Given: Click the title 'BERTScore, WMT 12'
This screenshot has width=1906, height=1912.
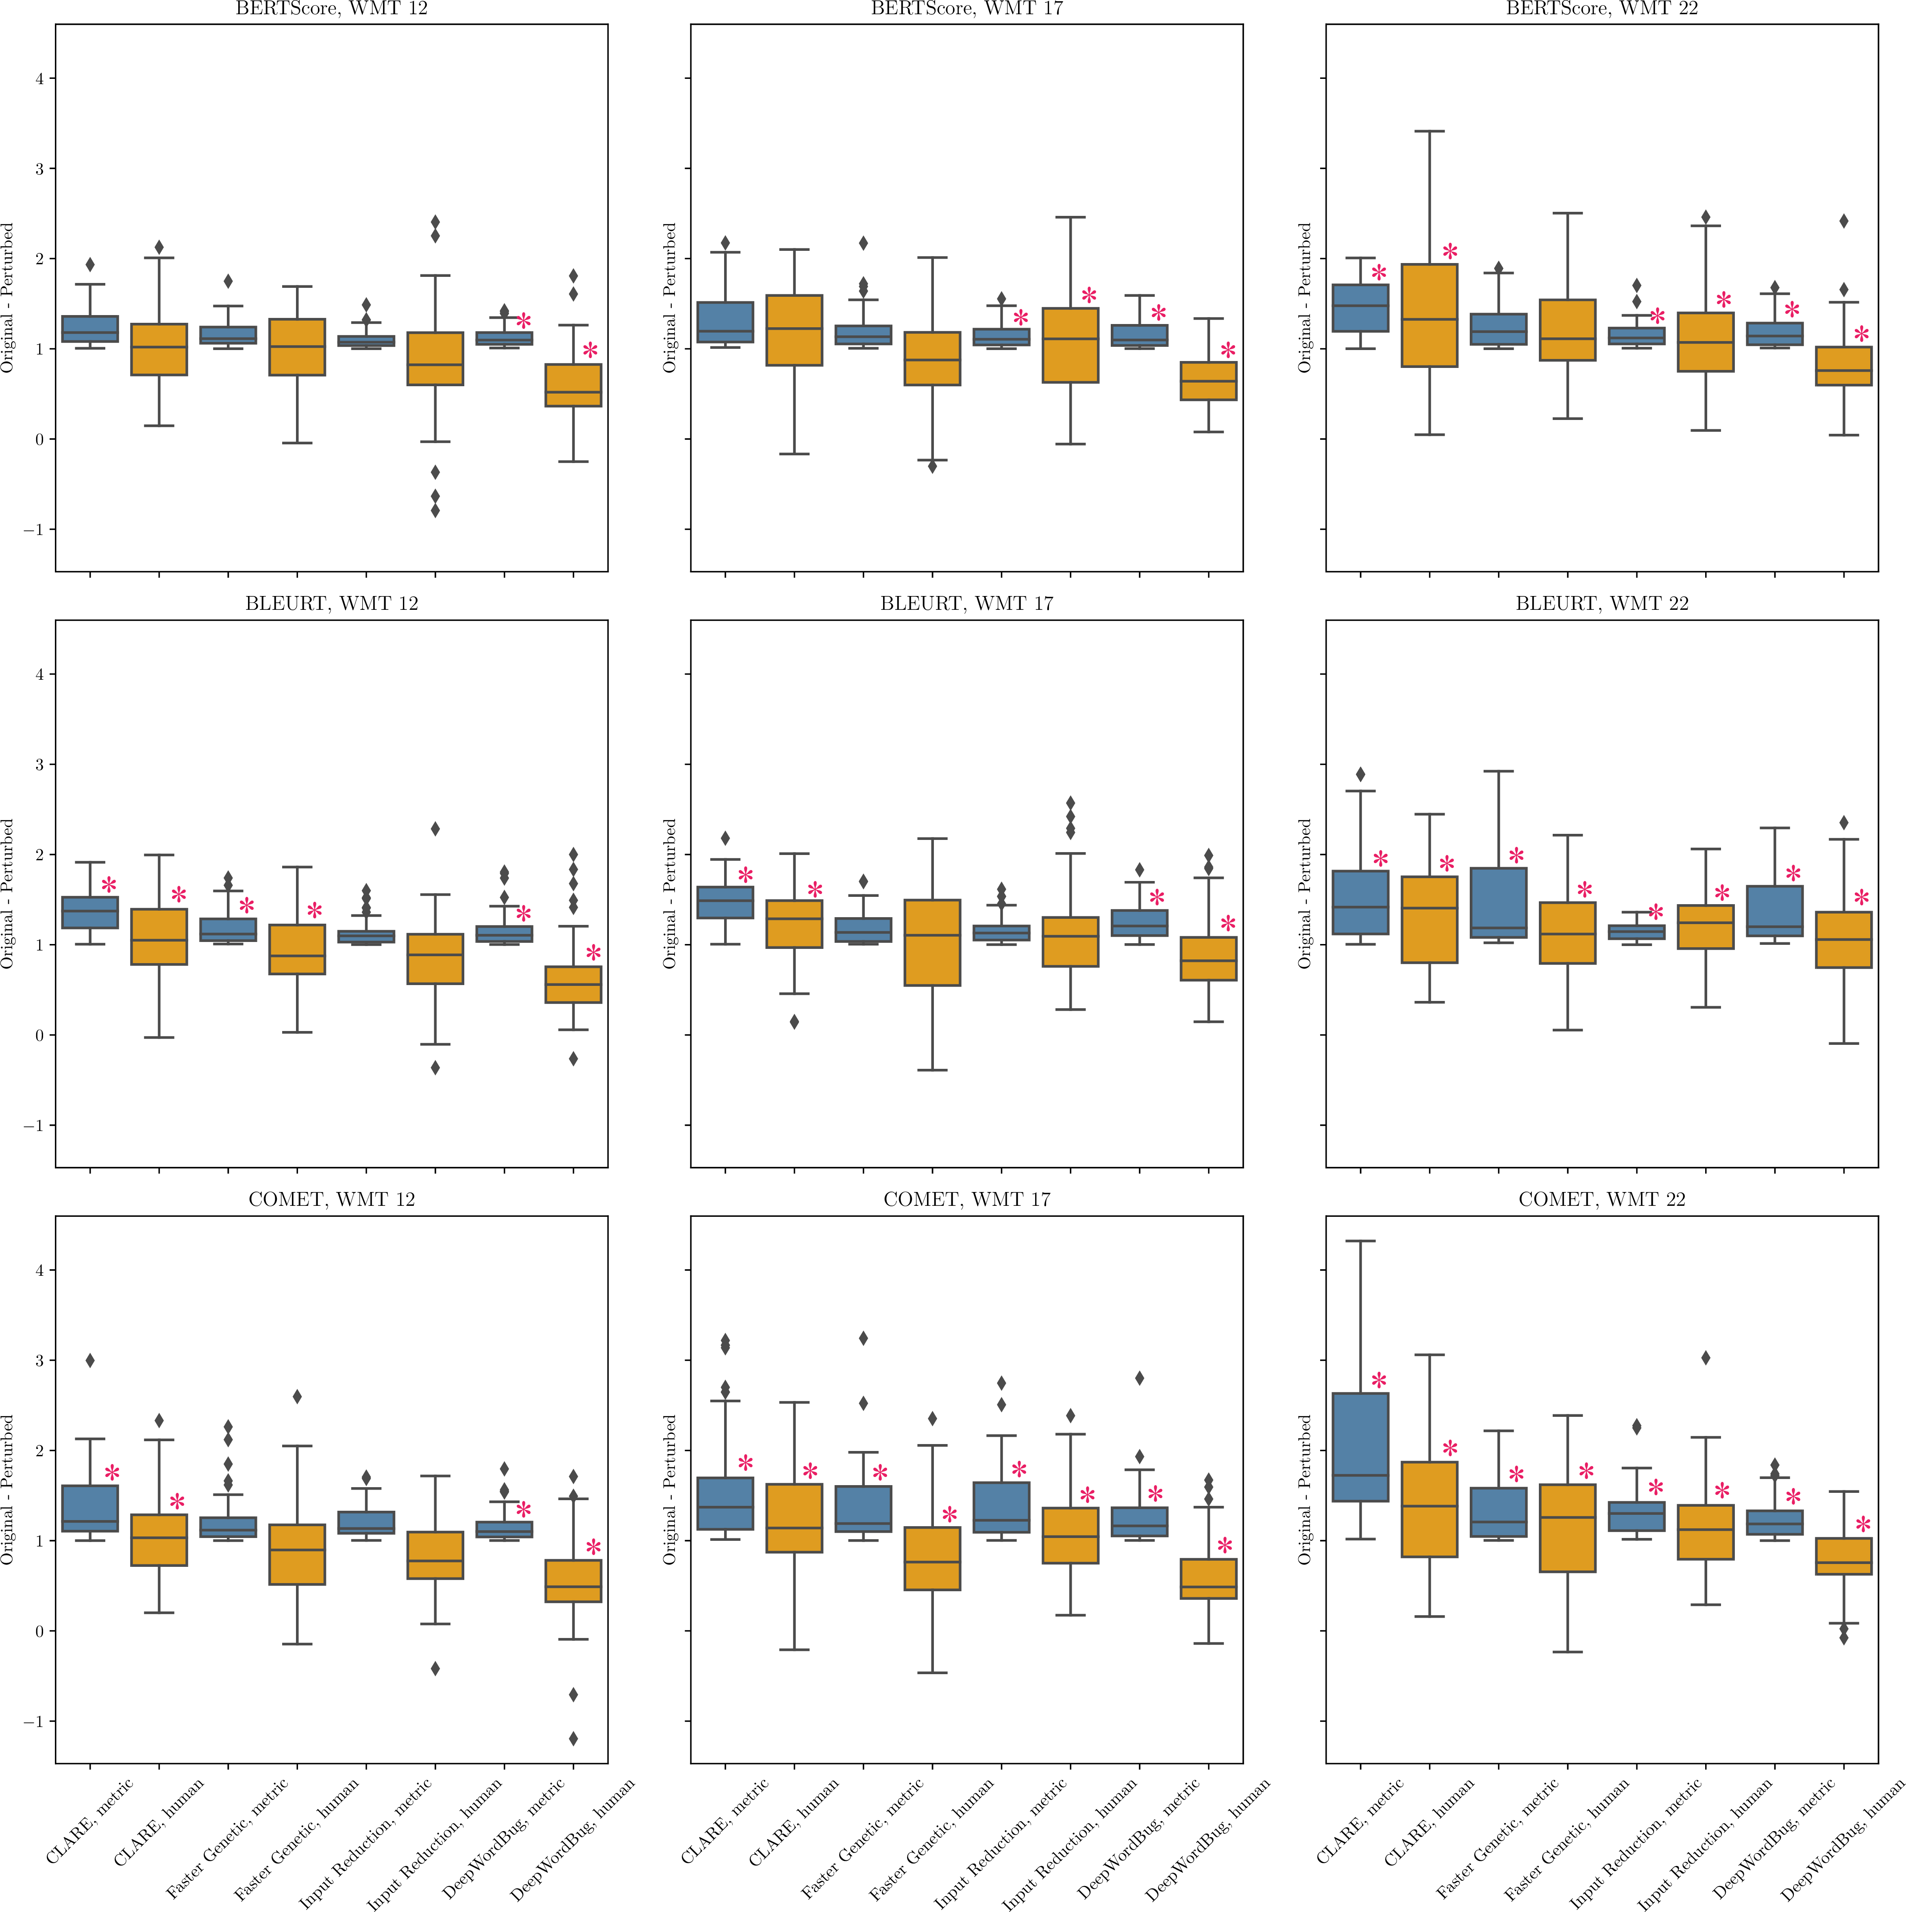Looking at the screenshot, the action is point(331,9).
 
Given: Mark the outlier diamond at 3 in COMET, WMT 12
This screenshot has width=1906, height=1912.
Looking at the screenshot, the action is point(90,1361).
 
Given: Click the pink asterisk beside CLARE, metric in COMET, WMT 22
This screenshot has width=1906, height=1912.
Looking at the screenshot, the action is point(1379,1381).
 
